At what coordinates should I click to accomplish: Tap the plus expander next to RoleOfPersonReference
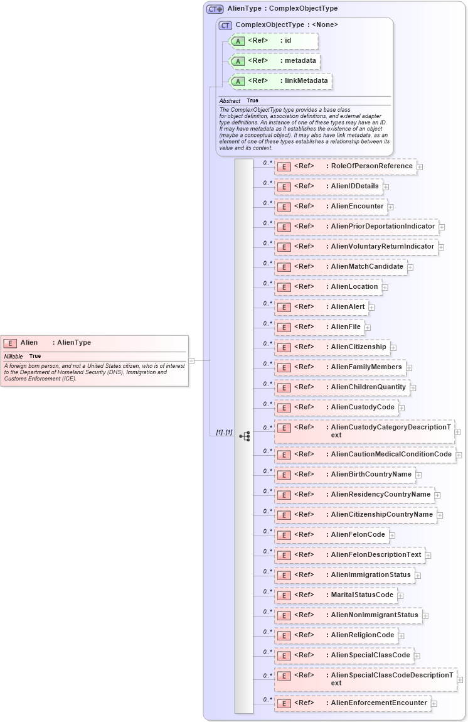[x=420, y=167]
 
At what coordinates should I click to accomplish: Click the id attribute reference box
[x=274, y=41]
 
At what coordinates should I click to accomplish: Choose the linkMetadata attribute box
[x=280, y=81]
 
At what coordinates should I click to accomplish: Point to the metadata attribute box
[x=275, y=61]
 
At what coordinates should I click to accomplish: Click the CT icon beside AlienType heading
[x=215, y=9]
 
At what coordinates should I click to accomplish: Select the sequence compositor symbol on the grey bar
[x=244, y=436]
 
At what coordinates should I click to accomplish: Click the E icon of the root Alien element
[x=10, y=343]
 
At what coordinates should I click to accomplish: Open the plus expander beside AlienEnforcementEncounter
[x=434, y=704]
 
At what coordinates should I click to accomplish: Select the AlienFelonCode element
[x=331, y=535]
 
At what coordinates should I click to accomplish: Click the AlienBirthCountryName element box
[x=344, y=475]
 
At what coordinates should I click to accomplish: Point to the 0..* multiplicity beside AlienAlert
[x=267, y=303]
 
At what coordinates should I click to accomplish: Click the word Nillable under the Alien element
[x=13, y=357]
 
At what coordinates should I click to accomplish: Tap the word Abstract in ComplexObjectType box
[x=230, y=101]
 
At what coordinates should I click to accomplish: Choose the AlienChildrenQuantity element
[x=342, y=387]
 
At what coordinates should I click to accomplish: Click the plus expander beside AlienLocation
[x=385, y=288]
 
